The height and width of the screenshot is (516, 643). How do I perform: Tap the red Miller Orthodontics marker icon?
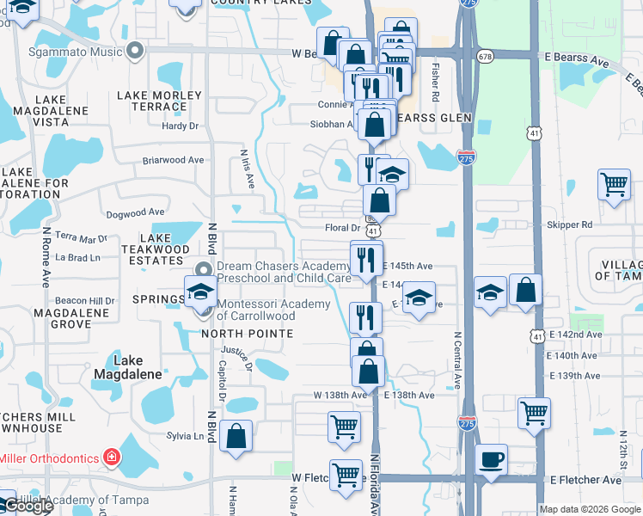[x=110, y=456]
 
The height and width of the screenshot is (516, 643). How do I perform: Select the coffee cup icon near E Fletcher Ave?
[x=492, y=458]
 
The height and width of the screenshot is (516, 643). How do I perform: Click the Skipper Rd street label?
[x=569, y=224]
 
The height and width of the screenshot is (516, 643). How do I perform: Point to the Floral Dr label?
[x=342, y=228]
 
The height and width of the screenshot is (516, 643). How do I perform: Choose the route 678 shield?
[x=487, y=56]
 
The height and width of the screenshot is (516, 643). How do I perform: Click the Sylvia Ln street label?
[x=186, y=436]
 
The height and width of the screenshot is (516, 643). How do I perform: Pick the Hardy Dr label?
[x=181, y=126]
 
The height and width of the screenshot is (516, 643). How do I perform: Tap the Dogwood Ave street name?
[x=135, y=212]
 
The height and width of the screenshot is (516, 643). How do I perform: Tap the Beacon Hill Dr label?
[x=84, y=300]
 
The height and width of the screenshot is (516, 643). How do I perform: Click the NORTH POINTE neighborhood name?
[x=242, y=333]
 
